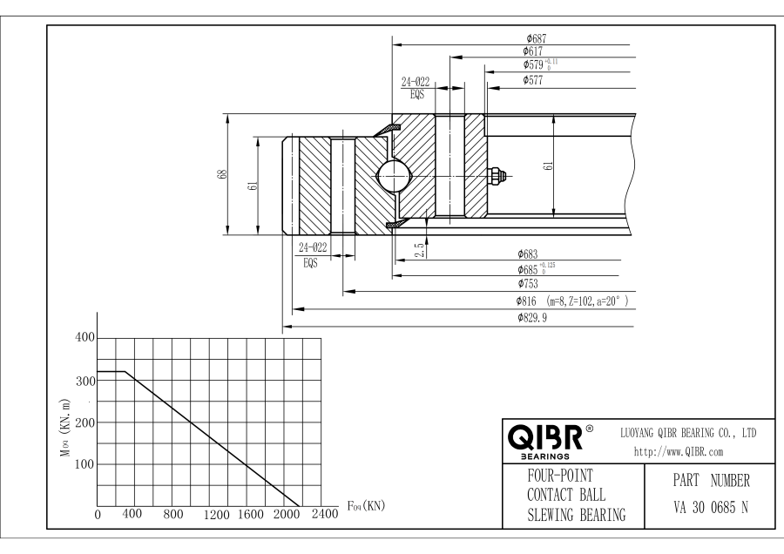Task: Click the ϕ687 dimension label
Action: [535, 38]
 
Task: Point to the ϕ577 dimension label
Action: [534, 79]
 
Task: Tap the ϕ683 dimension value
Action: [529, 255]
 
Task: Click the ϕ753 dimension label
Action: [529, 284]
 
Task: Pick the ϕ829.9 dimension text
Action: [534, 318]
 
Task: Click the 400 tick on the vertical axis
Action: [84, 338]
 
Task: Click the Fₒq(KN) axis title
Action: [366, 505]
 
